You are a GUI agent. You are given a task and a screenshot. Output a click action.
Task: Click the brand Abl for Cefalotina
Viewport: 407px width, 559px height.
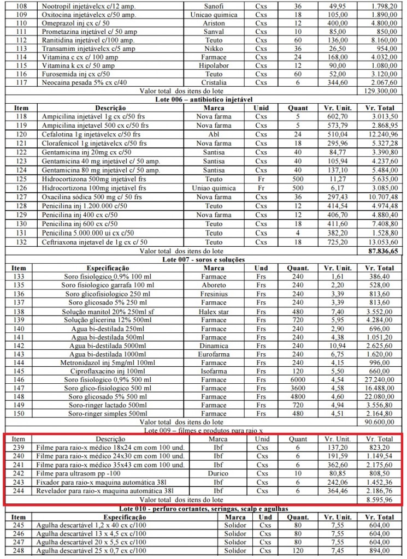click(214, 134)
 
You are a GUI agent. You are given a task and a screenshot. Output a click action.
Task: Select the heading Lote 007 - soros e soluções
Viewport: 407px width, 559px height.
click(203, 259)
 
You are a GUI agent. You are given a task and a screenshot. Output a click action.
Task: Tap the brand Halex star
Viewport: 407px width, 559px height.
click(214, 311)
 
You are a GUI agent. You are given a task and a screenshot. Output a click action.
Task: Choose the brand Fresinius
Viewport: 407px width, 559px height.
click(214, 294)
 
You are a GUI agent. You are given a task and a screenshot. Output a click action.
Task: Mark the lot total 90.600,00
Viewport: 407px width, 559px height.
click(379, 422)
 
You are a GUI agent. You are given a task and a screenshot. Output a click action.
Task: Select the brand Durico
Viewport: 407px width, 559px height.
click(218, 473)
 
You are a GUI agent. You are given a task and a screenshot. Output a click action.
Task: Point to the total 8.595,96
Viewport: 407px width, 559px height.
click(379, 499)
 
